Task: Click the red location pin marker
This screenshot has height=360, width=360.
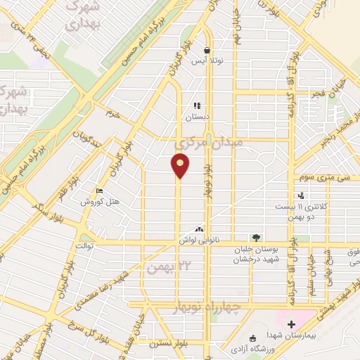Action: [181, 166]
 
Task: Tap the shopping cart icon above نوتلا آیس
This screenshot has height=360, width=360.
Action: [207, 51]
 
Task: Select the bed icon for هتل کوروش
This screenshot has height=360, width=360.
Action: [100, 191]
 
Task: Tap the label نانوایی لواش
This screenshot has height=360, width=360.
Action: [217, 240]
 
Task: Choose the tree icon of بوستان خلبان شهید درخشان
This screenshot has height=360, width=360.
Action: [256, 238]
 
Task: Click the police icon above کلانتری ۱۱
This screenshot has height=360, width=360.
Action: [301, 195]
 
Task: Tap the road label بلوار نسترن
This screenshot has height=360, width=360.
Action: [167, 344]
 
